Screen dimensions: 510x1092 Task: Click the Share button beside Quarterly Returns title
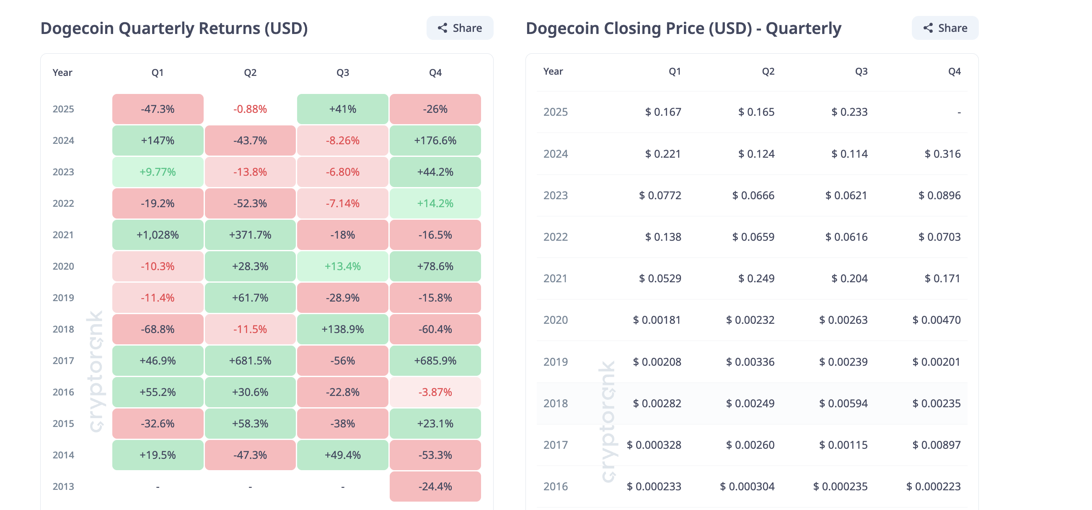460,28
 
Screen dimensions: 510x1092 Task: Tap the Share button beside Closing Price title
945,28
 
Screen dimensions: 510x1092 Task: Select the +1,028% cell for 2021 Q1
158,234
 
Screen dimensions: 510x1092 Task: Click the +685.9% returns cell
435,361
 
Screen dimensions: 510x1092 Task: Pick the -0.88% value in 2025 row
250,109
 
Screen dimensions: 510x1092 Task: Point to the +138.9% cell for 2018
342,329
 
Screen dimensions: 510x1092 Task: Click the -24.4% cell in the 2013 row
435,486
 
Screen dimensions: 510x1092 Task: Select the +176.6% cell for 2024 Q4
435,141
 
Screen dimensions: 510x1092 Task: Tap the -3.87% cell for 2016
435,392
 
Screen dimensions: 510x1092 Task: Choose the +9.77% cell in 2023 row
158,172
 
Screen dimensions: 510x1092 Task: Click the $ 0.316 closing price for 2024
942,154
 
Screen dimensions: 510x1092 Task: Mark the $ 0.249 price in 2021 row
756,278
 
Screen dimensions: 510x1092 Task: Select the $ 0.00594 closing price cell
843,403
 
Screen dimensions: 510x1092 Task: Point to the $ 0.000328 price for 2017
654,445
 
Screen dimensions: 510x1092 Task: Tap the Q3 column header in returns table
342,73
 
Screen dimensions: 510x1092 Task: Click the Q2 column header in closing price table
768,71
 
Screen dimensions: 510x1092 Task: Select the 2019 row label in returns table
63,298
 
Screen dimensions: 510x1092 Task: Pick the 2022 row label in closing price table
555,237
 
